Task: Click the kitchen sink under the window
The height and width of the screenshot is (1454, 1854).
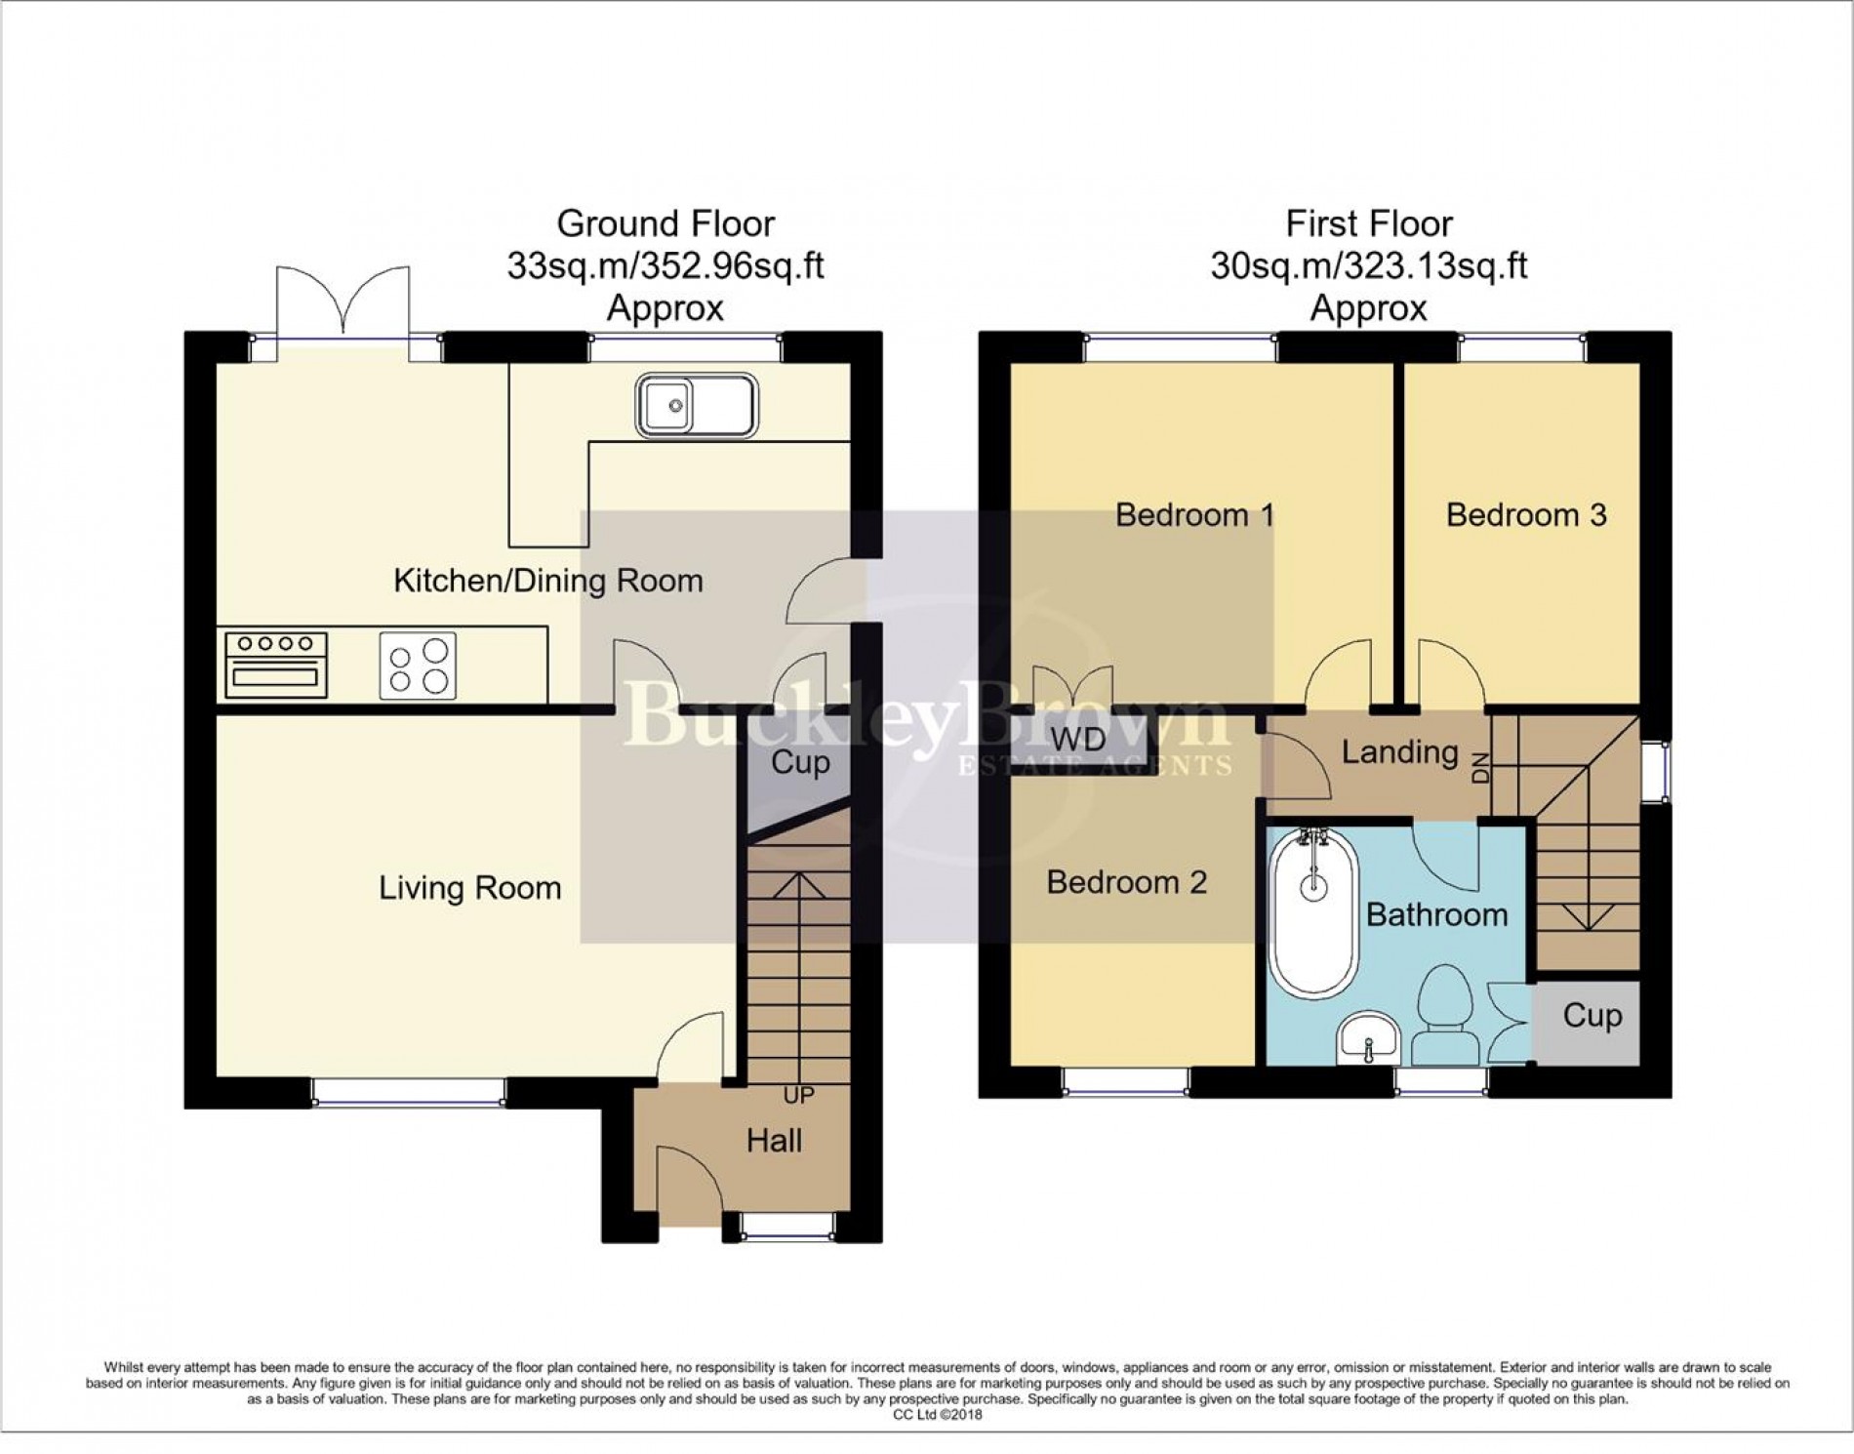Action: pyautogui.click(x=696, y=405)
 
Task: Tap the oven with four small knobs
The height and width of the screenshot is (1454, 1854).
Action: pyautogui.click(x=276, y=666)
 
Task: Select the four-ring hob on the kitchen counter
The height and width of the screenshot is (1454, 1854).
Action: pyautogui.click(x=418, y=666)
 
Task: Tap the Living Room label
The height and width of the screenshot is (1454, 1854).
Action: pyautogui.click(x=469, y=888)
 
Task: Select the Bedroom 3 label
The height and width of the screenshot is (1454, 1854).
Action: pyautogui.click(x=1525, y=514)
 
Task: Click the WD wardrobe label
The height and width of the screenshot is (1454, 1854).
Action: pyautogui.click(x=1078, y=739)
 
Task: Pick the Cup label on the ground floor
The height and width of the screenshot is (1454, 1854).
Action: pyautogui.click(x=800, y=762)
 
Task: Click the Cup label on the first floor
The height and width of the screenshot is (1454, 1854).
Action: pyautogui.click(x=1592, y=1016)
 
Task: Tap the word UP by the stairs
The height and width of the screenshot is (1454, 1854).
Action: pyautogui.click(x=798, y=1095)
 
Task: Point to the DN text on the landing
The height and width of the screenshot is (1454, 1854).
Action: pyautogui.click(x=1480, y=768)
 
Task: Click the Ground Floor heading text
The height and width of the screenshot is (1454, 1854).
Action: pyautogui.click(x=665, y=223)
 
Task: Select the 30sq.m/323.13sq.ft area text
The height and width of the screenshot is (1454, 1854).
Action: pyautogui.click(x=1368, y=265)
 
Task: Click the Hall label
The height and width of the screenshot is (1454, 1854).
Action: pyautogui.click(x=774, y=1140)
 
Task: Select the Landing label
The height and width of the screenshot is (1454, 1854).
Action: pyautogui.click(x=1399, y=751)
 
